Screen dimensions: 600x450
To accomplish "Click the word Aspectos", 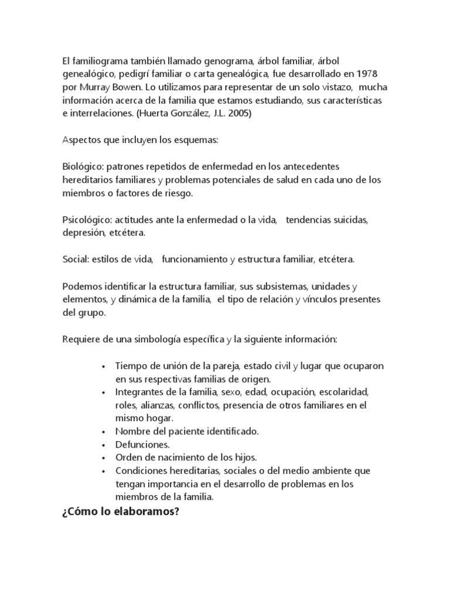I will pyautogui.click(x=81, y=141).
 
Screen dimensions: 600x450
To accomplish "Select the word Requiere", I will pyautogui.click(x=81, y=340).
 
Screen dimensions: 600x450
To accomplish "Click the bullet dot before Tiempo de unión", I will pyautogui.click(x=103, y=366).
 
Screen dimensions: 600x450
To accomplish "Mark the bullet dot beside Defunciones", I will pyautogui.click(x=103, y=445).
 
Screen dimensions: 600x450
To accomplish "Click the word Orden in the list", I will pyautogui.click(x=128, y=457).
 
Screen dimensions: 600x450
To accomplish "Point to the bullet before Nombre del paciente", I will pyautogui.click(x=103, y=432).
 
